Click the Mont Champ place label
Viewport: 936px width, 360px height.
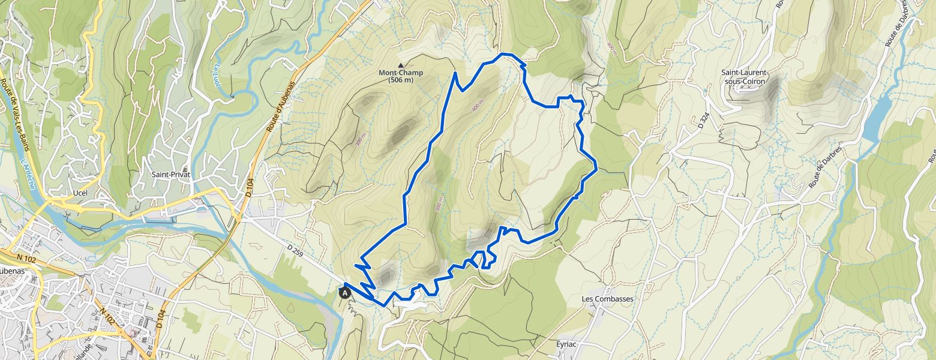pos(400,73)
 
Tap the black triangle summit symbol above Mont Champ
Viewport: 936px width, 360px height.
pos(401,65)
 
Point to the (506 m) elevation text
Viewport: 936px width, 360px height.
pos(400,80)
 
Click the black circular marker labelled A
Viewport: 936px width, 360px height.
pos(345,293)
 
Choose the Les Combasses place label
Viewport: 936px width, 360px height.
pos(607,299)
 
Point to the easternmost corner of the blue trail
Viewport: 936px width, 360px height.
pos(596,169)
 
